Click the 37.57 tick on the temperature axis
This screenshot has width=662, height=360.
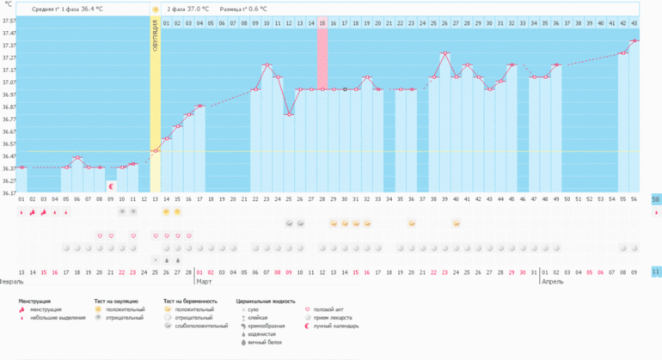pyautogui.click(x=9, y=20)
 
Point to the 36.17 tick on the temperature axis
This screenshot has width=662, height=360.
pyautogui.click(x=9, y=192)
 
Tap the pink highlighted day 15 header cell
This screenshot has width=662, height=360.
pyautogui.click(x=322, y=21)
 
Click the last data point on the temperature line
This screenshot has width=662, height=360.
pyautogui.click(x=634, y=40)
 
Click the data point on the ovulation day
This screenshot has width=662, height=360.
pyautogui.click(x=156, y=151)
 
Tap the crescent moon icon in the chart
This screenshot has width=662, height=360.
pyautogui.click(x=111, y=185)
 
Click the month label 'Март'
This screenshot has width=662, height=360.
pyautogui.click(x=204, y=281)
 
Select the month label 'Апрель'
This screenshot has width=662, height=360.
pyautogui.click(x=553, y=281)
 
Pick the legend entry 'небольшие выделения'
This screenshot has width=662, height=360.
pyautogui.click(x=58, y=318)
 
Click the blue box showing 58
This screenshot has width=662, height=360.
pyautogui.click(x=656, y=199)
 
